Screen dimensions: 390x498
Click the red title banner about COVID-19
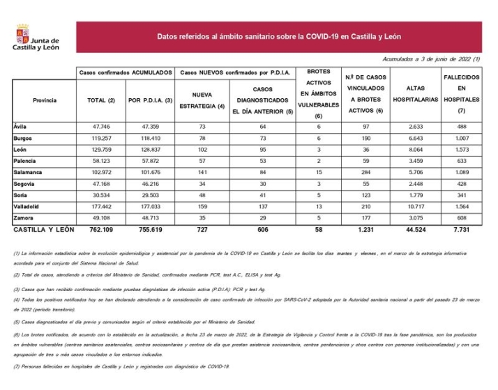(278, 36)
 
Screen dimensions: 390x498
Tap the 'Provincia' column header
(44, 100)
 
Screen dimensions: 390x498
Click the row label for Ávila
(20, 126)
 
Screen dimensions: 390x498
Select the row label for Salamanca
(28, 171)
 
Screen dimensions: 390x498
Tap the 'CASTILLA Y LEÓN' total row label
(43, 229)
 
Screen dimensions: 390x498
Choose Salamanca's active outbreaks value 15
(318, 171)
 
